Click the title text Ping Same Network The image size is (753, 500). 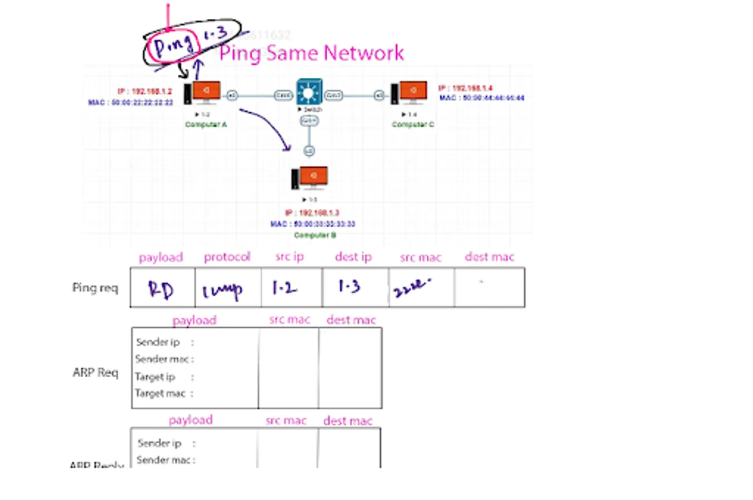[311, 53]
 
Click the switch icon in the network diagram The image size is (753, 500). [309, 92]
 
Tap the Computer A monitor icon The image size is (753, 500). [206, 92]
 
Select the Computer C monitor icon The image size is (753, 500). [413, 92]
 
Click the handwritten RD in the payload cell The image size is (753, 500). [161, 289]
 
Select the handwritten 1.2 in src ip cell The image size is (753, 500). [285, 288]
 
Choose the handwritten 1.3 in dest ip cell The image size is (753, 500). [349, 286]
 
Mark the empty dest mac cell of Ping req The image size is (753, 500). [489, 288]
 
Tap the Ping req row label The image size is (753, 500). [95, 288]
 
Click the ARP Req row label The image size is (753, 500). [96, 372]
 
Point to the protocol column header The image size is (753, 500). [227, 257]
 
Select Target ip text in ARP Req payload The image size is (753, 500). [155, 377]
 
